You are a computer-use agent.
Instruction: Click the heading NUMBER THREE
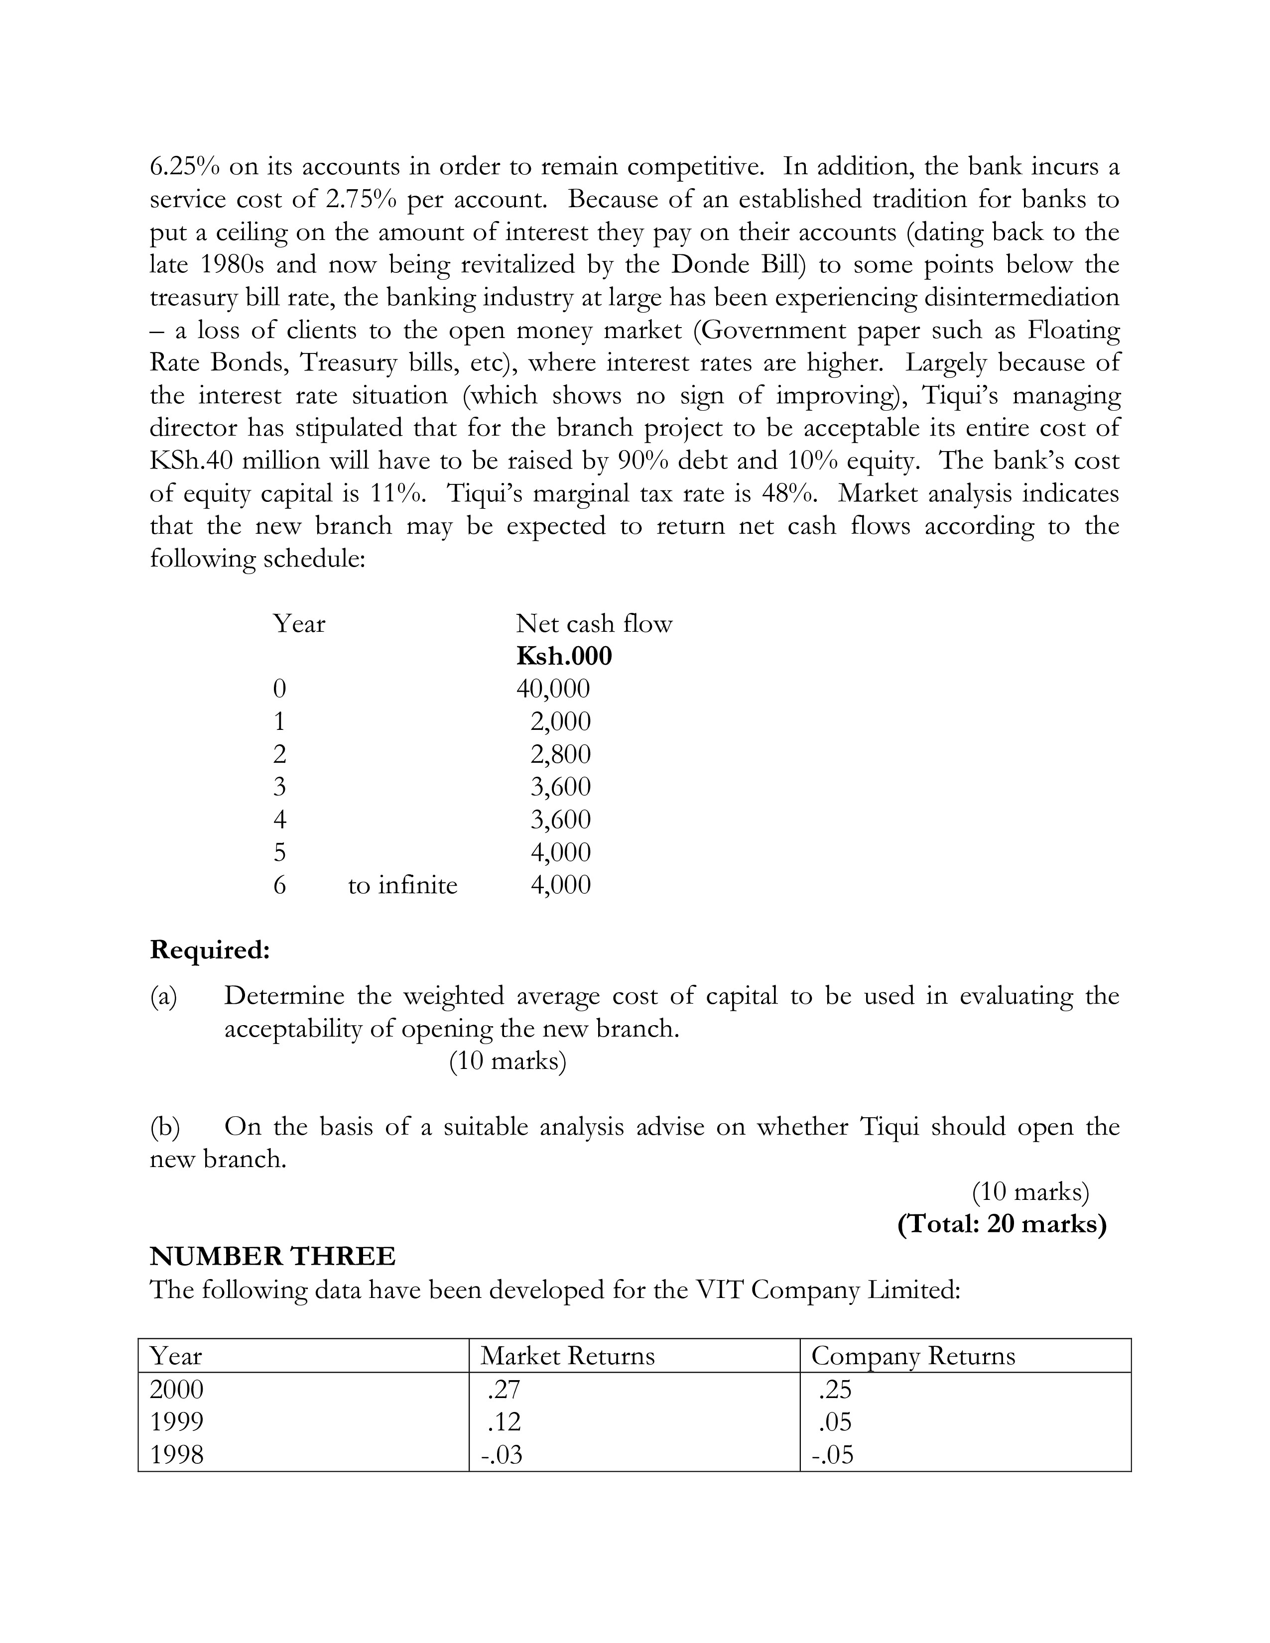[x=272, y=1256]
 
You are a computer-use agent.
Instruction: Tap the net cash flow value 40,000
[x=553, y=689]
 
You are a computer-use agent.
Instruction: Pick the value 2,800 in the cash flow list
[x=560, y=754]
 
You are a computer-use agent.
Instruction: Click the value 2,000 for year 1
[x=560, y=721]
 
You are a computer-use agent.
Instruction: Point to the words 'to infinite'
[x=402, y=885]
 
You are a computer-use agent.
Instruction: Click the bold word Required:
[x=209, y=950]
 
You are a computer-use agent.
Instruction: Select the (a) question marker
[x=163, y=996]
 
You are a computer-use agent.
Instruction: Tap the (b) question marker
[x=165, y=1127]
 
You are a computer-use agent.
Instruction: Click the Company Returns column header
[x=912, y=1356]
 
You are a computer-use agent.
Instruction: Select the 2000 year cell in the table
[x=177, y=1389]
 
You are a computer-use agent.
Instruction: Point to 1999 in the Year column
[x=177, y=1422]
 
